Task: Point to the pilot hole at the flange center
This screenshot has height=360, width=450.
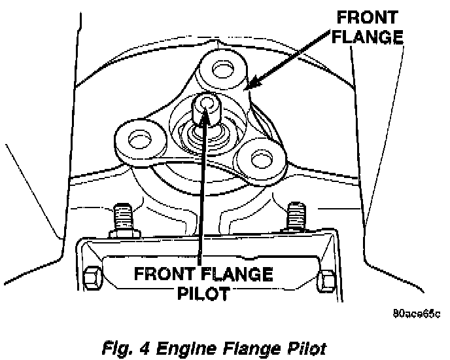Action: [208, 102]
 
